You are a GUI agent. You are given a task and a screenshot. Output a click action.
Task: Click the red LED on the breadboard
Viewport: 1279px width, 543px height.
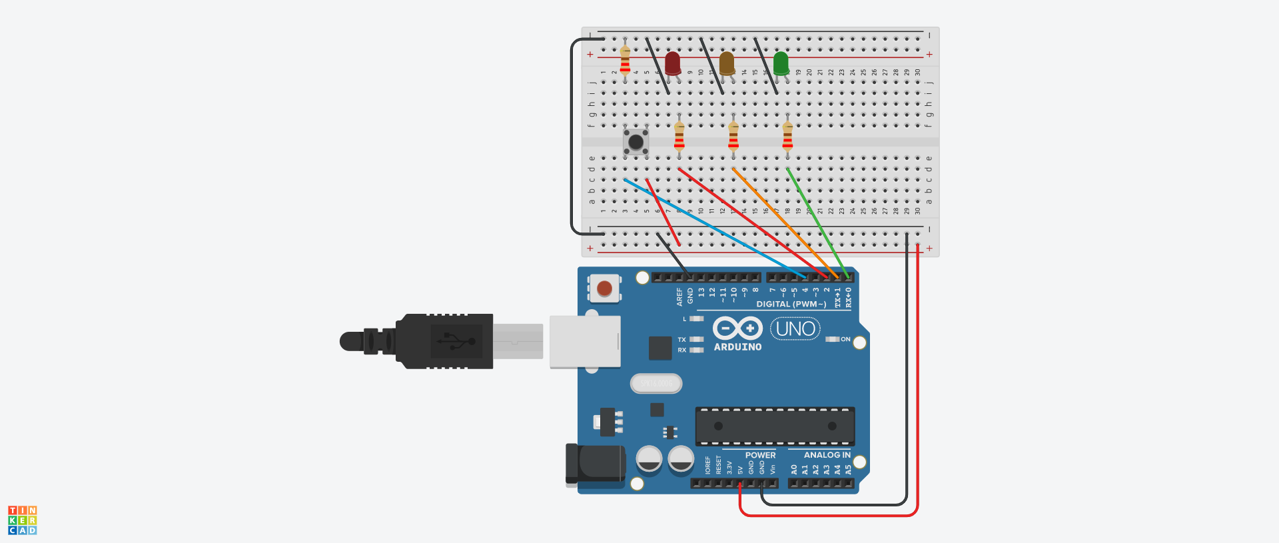(x=673, y=63)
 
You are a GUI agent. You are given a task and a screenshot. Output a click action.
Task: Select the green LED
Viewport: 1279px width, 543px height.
(x=781, y=63)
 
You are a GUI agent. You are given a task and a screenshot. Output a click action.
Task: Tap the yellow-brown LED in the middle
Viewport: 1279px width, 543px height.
(x=727, y=63)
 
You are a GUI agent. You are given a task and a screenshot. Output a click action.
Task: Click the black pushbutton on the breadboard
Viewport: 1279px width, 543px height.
(x=636, y=142)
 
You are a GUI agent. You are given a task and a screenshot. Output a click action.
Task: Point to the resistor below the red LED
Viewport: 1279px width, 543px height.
(x=679, y=137)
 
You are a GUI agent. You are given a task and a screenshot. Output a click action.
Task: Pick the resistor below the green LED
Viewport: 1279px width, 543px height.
(x=787, y=137)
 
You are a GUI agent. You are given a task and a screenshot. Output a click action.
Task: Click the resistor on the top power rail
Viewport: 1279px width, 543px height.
(x=625, y=60)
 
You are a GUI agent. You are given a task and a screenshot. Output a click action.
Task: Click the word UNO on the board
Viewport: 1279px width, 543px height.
(x=795, y=328)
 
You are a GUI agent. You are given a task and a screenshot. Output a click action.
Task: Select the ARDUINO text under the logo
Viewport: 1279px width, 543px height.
(x=737, y=347)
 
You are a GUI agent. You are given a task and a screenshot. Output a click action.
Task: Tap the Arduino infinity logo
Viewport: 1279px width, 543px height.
(x=737, y=328)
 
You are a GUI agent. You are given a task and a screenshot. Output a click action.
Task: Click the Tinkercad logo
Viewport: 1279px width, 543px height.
(x=23, y=520)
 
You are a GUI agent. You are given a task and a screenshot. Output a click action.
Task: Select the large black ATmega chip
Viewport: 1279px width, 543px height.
(x=775, y=426)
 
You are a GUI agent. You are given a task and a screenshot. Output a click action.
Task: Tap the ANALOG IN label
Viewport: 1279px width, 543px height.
(x=827, y=455)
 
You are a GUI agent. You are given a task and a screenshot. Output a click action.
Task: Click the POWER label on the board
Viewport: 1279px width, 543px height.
(x=760, y=456)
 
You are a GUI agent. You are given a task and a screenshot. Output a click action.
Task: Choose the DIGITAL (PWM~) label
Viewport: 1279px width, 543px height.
(x=791, y=304)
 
